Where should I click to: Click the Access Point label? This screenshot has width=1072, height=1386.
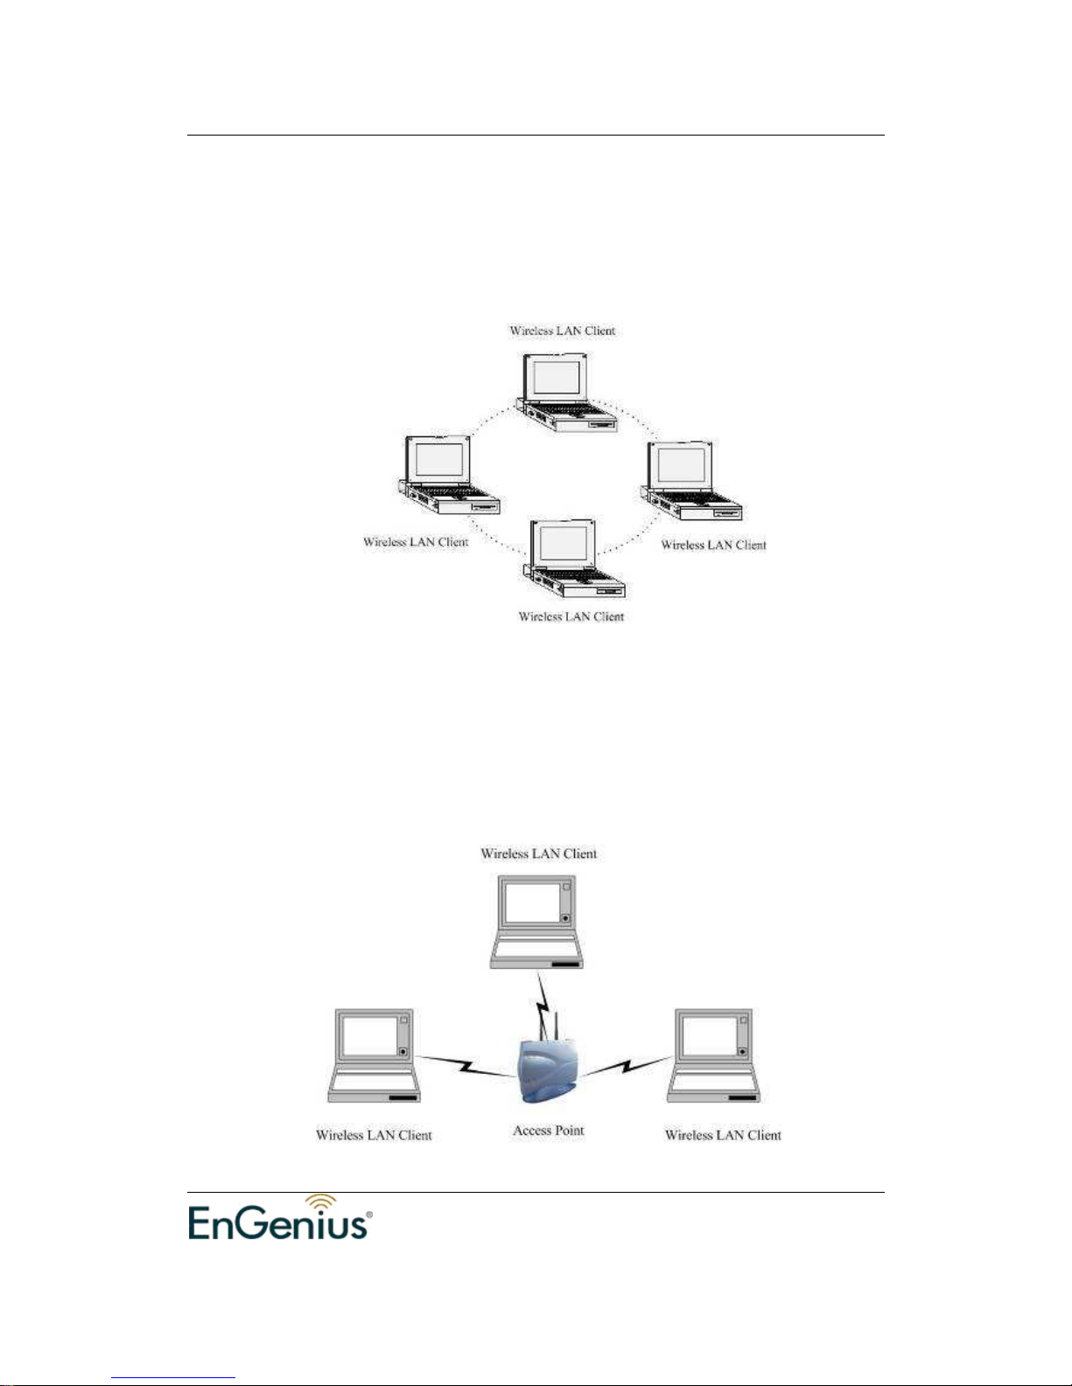coord(549,1131)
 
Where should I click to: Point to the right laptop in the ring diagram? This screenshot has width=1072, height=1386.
coord(691,481)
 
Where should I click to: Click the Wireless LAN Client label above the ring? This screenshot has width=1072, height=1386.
coord(563,331)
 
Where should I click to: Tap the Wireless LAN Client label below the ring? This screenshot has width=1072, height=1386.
coord(571,616)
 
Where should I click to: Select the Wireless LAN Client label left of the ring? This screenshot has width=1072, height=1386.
coord(416,542)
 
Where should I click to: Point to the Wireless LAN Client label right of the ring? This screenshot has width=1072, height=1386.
coord(713,545)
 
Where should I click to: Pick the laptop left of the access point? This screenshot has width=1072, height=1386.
coord(374,1056)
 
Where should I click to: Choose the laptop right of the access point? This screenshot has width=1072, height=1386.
coord(713,1056)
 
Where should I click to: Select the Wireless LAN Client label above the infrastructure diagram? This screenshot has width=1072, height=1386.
coord(538,853)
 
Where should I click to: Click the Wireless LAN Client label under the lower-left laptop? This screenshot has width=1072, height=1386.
coord(374,1135)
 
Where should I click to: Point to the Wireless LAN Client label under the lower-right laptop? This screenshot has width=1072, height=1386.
coord(723,1135)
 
